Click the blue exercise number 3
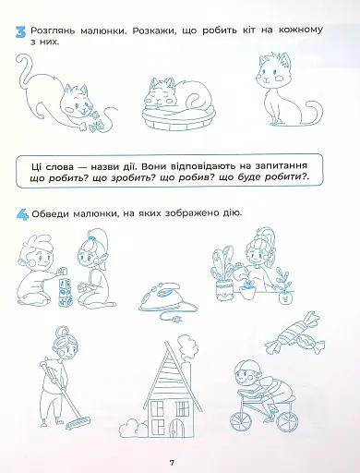20,32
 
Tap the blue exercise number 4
22,214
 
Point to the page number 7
172,462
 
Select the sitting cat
284,90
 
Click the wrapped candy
294,334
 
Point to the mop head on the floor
78,423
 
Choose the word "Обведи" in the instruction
50,213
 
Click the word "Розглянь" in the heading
53,31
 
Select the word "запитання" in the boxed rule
281,166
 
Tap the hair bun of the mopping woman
61,333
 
